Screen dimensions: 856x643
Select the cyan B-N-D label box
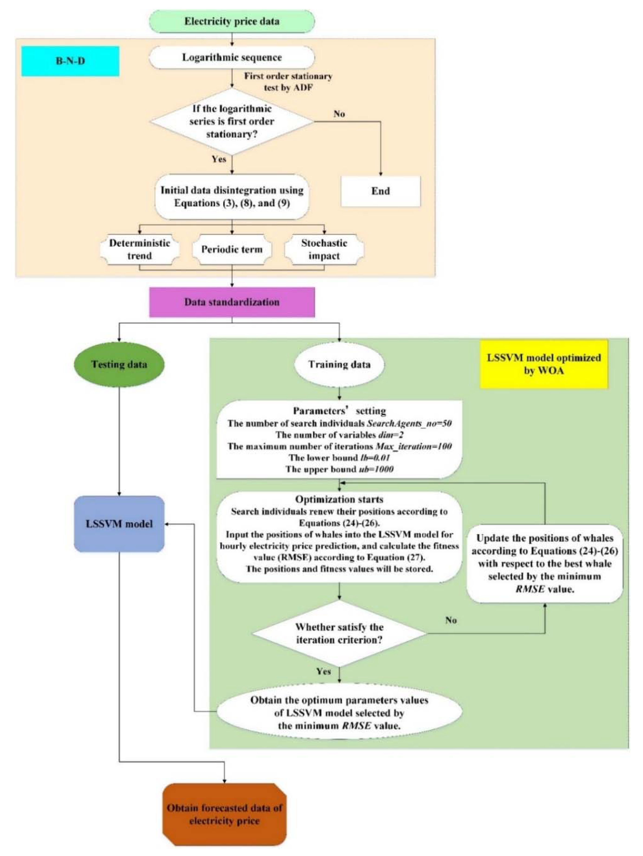pyautogui.click(x=70, y=61)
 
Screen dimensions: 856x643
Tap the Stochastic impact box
pyautogui.click(x=324, y=249)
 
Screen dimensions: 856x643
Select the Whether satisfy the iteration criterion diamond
pyautogui.click(x=339, y=633)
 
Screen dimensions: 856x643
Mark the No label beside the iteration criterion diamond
pyautogui.click(x=451, y=620)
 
